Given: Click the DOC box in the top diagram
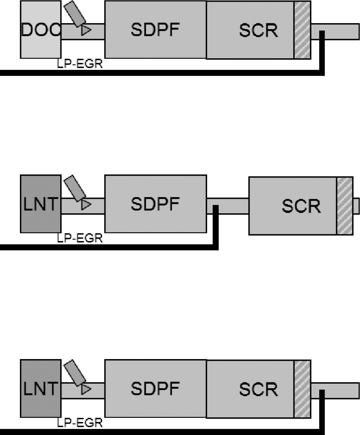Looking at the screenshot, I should [x=40, y=30].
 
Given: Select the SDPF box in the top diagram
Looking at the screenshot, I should [x=155, y=30].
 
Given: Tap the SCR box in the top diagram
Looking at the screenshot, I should [x=250, y=30].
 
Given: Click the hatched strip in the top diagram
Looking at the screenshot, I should [x=302, y=30].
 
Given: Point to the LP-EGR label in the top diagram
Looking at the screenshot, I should [x=80, y=64].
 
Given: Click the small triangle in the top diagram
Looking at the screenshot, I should [x=85, y=30].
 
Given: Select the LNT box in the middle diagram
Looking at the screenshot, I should [x=40, y=204].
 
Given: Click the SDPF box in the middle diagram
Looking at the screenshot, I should [x=155, y=204].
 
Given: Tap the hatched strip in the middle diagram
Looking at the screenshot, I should [x=345, y=206].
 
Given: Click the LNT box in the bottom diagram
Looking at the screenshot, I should [x=40, y=388].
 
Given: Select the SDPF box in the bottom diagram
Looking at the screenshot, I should [x=155, y=388].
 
